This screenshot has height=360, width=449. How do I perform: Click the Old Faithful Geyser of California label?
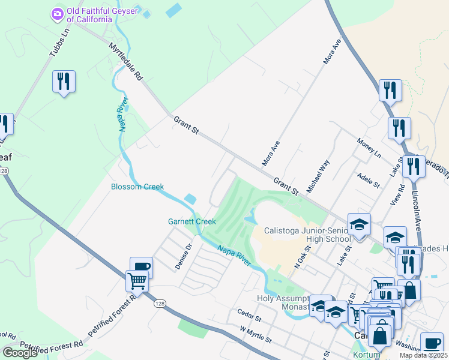[x=89, y=14]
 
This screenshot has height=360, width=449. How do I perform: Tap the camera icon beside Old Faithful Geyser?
[x=58, y=13]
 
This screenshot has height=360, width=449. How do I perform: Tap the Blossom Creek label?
[x=137, y=187]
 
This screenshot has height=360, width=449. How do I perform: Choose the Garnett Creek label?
[x=191, y=221]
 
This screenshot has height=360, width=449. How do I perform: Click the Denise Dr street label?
[x=182, y=256]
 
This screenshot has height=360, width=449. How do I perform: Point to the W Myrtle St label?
[x=256, y=335]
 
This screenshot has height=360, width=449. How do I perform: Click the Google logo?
[x=20, y=353]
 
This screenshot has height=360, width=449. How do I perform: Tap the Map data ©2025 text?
[x=423, y=355]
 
